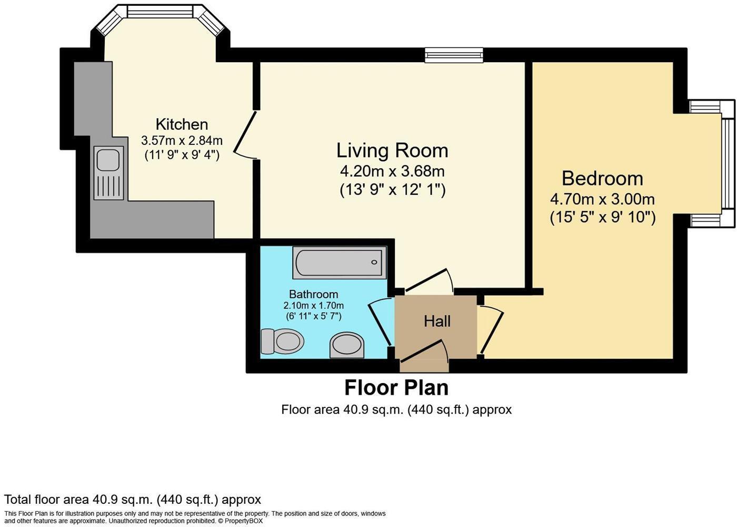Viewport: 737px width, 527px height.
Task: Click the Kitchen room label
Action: pyautogui.click(x=182, y=124)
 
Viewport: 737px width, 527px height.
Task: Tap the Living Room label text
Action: pyautogui.click(x=392, y=151)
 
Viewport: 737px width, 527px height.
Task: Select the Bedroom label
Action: pyautogui.click(x=602, y=179)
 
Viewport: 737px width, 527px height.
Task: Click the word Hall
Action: pyautogui.click(x=437, y=321)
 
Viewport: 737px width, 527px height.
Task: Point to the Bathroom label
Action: pyautogui.click(x=313, y=294)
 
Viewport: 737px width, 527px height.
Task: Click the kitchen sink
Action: pyautogui.click(x=108, y=173)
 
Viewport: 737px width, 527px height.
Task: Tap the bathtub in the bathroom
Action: pyautogui.click(x=339, y=262)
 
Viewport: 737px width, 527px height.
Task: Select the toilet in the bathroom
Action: pyautogui.click(x=283, y=341)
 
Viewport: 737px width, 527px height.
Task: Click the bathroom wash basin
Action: pyautogui.click(x=347, y=345)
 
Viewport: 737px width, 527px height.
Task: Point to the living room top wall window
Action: pyautogui.click(x=454, y=55)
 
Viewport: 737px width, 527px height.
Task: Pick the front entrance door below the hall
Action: pyautogui.click(x=423, y=352)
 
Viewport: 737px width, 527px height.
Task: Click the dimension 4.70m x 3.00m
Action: pyautogui.click(x=602, y=199)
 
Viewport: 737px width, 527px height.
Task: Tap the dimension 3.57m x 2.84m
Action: pyautogui.click(x=182, y=141)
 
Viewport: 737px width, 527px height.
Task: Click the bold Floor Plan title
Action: pyautogui.click(x=396, y=388)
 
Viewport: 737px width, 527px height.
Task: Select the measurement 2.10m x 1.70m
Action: pyautogui.click(x=313, y=306)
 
